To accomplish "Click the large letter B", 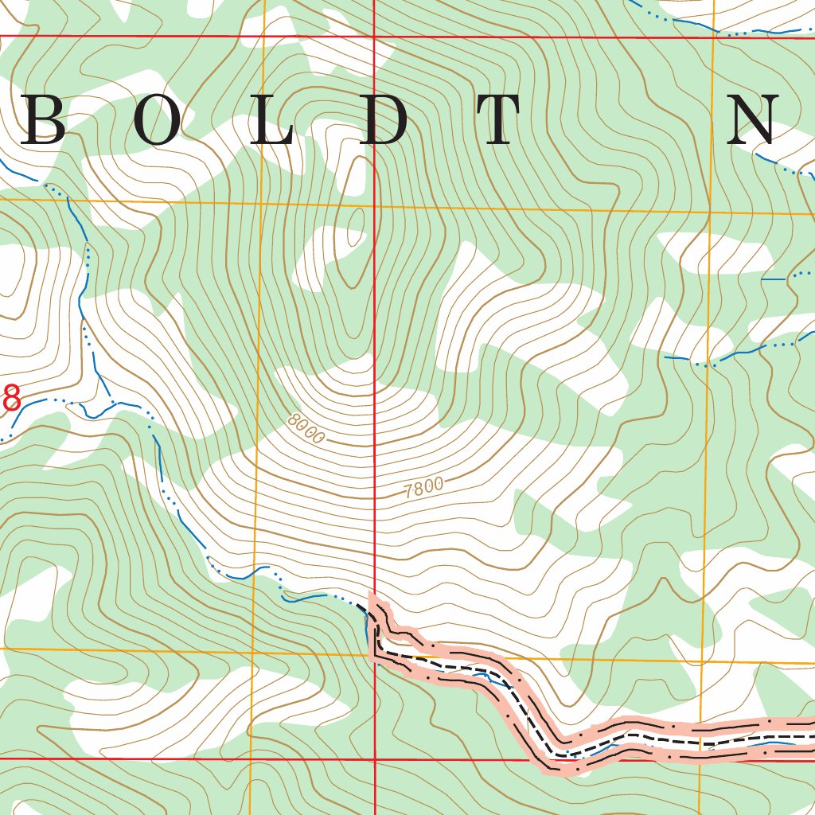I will pos(44,120).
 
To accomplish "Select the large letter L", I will pos(273,120).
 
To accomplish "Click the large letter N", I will pos(752,120).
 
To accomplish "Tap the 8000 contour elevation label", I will pos(307,427).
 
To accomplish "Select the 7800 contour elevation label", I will pos(423,489).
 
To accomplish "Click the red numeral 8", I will pos(11,397).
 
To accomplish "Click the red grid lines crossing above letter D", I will pos(374,37).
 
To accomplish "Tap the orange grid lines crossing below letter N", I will pos(709,213).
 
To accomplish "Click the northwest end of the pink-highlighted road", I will pos(371,598).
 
